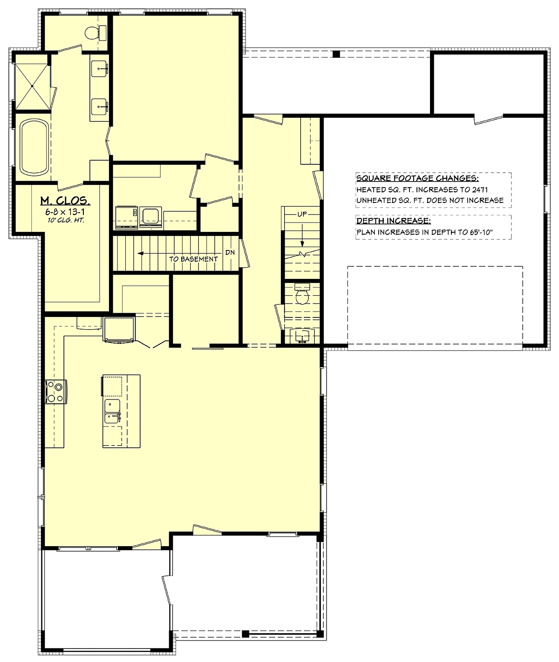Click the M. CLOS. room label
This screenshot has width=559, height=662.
point(65,201)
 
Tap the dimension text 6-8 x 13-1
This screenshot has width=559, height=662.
point(65,212)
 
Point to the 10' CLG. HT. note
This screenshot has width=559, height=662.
point(66,220)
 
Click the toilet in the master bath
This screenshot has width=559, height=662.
point(96,33)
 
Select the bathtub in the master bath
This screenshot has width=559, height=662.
point(35,147)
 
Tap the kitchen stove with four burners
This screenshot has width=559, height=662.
point(56,392)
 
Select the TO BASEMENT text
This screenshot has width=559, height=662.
point(193,259)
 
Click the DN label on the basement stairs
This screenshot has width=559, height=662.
point(230,252)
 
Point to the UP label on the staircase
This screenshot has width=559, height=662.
point(302,214)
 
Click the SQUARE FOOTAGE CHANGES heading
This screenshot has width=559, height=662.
point(417,178)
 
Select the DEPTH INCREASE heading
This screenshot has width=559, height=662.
point(394,221)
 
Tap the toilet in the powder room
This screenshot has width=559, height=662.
point(302,294)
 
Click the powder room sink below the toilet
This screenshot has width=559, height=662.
point(302,336)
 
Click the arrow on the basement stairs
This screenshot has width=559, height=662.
point(179,253)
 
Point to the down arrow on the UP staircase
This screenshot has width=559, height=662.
point(302,235)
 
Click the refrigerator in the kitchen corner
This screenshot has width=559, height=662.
point(119,330)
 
